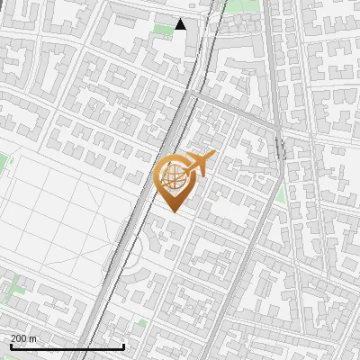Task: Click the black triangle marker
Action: tap(180, 24)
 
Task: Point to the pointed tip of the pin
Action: tap(175, 211)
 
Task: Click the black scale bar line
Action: tap(67, 347)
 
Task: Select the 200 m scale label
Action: tap(23, 338)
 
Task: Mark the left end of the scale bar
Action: tap(11, 347)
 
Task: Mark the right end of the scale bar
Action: tap(123, 347)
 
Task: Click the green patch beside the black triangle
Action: tap(163, 30)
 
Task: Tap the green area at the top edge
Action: tap(239, 5)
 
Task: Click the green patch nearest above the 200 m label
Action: tap(14, 290)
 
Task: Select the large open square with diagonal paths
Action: tap(63, 216)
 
